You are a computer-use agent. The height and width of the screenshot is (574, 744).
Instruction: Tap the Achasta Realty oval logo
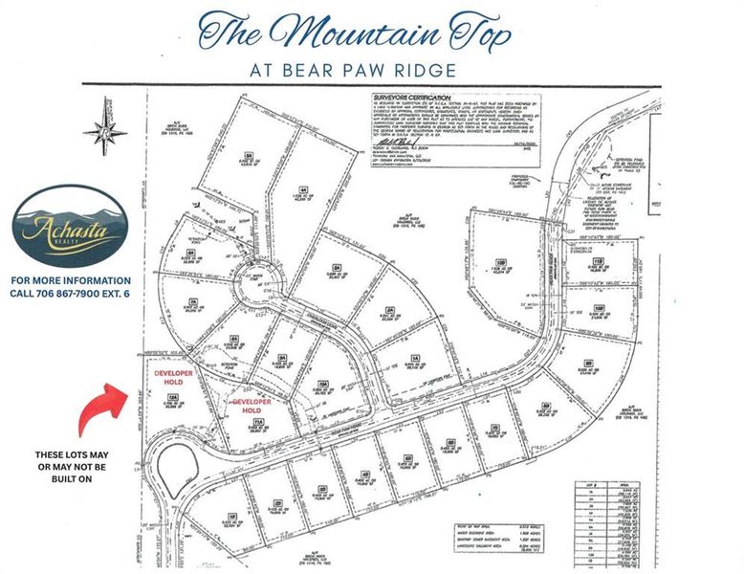pos(70,227)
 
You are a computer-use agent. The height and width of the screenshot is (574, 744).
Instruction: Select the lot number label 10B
pos(599,307)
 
